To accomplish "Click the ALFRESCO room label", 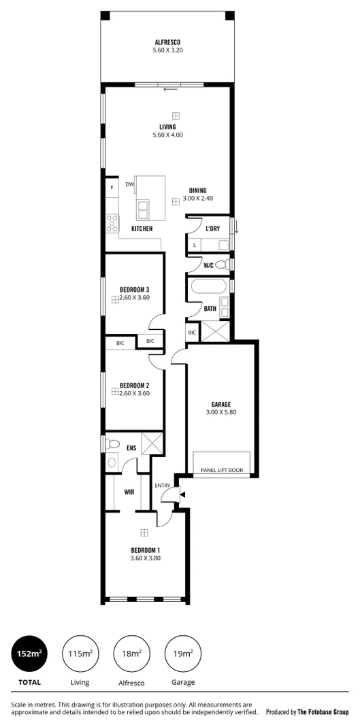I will tap(167, 42).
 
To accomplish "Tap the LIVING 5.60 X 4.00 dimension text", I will tap(167, 135).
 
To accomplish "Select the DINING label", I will tap(197, 190).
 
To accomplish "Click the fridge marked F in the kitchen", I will tap(112, 188).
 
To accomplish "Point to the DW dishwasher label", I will tap(129, 184).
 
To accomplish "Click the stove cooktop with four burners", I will tap(112, 222).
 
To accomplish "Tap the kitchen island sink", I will tap(144, 207).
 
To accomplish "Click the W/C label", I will tap(209, 265).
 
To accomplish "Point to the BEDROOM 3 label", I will tap(134, 289).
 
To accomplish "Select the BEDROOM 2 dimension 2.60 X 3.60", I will tap(134, 393).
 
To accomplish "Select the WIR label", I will tap(129, 491).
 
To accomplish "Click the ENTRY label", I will tap(162, 485).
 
